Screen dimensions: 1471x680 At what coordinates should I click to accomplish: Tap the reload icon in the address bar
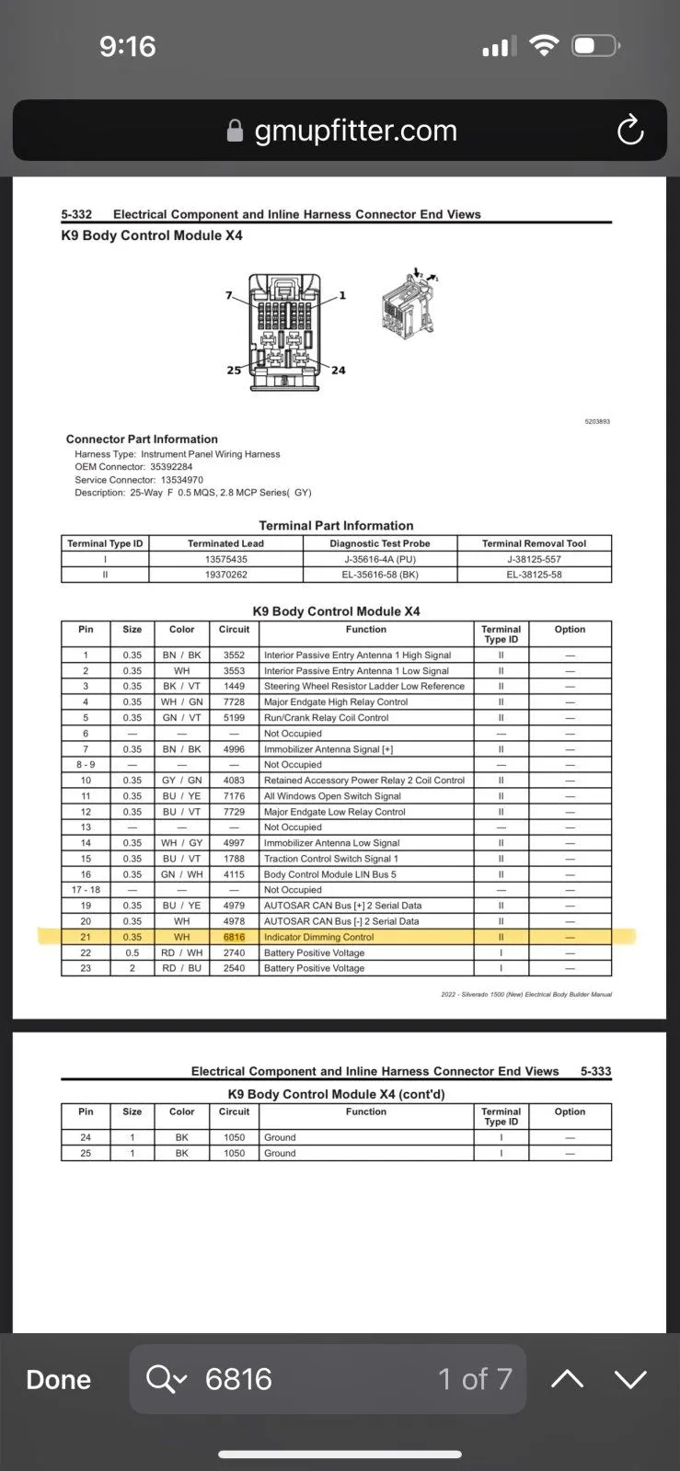pos(630,131)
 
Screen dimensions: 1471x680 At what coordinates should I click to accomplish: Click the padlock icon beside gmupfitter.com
pos(235,131)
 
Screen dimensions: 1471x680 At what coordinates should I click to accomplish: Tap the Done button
pos(59,1379)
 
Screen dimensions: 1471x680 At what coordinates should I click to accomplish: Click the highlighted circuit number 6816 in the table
pos(234,937)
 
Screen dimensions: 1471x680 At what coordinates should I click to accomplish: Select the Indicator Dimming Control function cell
pos(318,937)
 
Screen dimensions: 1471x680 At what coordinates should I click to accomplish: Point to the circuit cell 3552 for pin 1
pos(234,656)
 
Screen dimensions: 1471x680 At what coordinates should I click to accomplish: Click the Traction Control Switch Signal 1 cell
pos(330,859)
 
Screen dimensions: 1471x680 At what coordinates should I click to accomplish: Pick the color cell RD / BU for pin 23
pos(181,968)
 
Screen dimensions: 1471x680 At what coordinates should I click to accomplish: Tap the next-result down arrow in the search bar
pos(630,1379)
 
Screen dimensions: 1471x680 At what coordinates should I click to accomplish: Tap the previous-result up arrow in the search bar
pos(567,1379)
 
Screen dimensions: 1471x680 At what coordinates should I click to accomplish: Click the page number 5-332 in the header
pos(76,214)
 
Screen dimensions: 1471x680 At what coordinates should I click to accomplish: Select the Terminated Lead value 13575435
pos(225,559)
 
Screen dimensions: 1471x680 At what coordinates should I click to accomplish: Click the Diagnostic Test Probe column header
pos(379,543)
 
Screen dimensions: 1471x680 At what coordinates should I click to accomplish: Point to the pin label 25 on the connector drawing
pos(234,371)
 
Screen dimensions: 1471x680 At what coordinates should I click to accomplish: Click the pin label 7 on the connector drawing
pos(229,295)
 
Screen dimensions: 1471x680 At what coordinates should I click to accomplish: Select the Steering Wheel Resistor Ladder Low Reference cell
pos(363,687)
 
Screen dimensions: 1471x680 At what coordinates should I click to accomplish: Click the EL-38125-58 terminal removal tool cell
pos(534,575)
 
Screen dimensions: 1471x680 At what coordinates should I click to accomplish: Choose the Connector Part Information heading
pos(142,439)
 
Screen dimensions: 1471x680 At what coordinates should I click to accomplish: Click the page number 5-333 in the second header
pos(595,1071)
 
